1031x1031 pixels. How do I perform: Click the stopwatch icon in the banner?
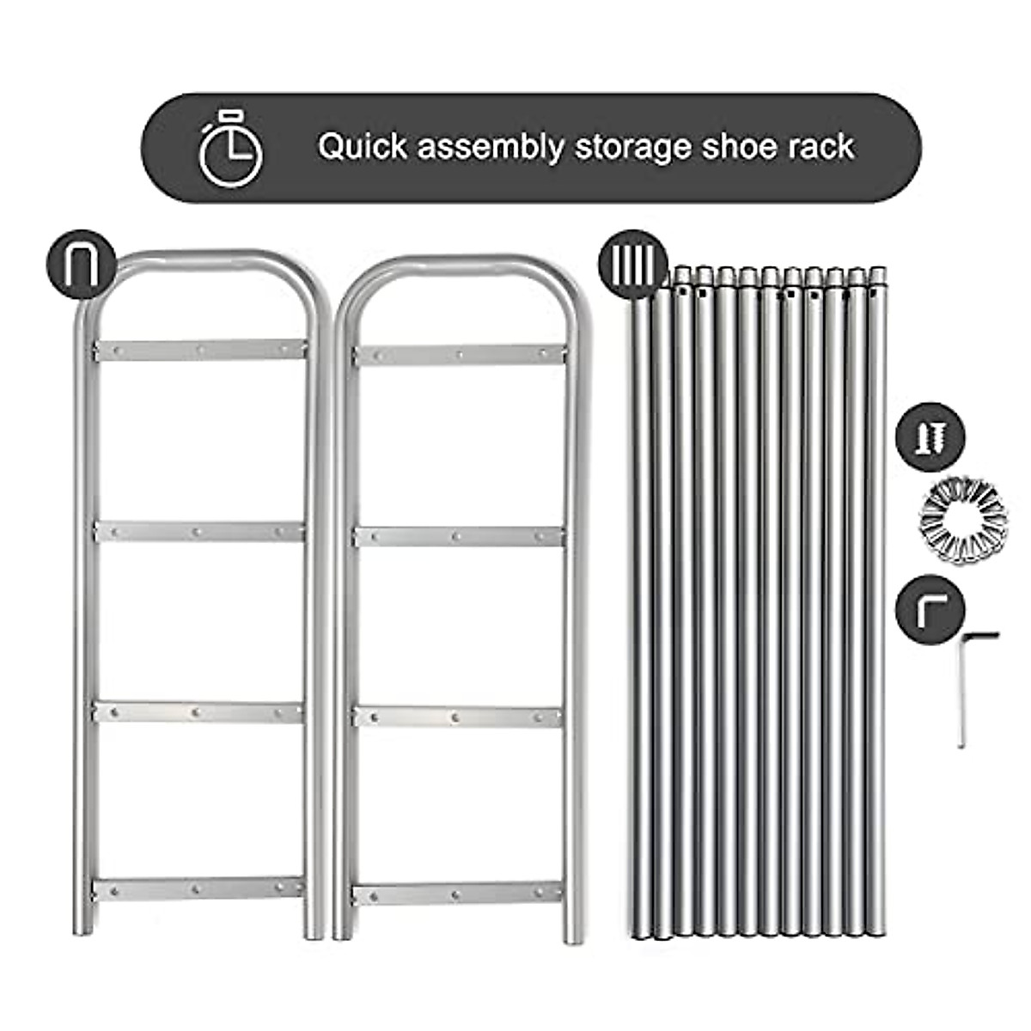click(230, 148)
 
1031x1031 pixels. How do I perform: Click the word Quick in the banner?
click(362, 147)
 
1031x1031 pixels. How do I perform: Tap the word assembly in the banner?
click(490, 147)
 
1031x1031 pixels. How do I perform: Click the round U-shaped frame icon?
click(81, 265)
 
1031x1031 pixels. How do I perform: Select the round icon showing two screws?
click(930, 437)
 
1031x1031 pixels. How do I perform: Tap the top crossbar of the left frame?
click(200, 351)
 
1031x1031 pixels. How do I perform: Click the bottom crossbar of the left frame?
click(198, 889)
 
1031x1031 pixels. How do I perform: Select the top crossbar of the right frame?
click(460, 355)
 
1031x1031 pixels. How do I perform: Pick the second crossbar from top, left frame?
click(199, 532)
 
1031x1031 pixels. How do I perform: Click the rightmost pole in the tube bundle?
click(877, 601)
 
